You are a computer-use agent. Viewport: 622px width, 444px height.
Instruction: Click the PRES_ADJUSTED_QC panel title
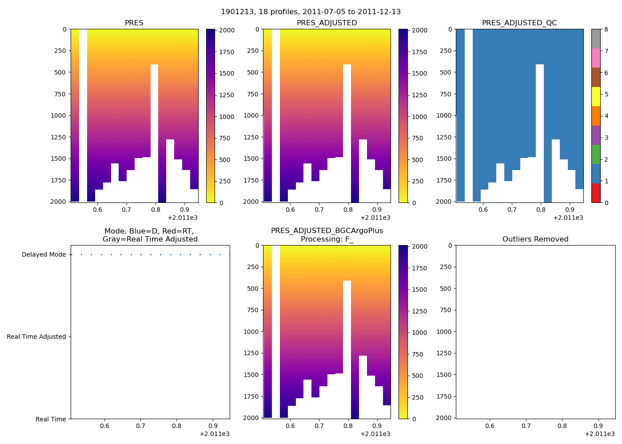[519, 23]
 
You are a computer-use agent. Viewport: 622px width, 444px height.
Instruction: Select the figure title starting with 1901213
[311, 12]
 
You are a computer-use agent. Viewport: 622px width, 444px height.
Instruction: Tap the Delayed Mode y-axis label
[44, 255]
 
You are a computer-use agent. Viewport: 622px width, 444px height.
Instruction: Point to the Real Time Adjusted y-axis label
[36, 337]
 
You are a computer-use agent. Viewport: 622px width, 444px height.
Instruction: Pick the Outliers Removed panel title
[535, 239]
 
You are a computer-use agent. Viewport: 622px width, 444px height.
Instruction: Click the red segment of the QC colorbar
[596, 193]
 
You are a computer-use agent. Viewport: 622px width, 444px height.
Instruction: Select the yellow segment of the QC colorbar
[596, 97]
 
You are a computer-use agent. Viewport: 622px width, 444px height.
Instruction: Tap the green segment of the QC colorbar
[596, 155]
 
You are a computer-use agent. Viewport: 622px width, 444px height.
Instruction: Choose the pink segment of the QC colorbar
[596, 58]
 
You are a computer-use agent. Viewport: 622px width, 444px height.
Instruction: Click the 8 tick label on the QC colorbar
[606, 30]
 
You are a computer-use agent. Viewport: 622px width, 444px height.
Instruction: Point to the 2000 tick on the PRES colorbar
[227, 31]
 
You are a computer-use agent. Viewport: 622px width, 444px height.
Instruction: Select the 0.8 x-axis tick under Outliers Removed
[562, 426]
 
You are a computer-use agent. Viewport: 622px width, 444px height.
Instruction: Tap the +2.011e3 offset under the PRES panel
[183, 218]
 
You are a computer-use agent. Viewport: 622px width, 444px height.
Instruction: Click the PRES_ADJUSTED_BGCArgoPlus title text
[327, 231]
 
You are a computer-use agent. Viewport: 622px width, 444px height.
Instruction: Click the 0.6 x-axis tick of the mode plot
[104, 426]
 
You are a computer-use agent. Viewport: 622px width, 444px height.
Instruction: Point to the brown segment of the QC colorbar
[596, 77]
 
